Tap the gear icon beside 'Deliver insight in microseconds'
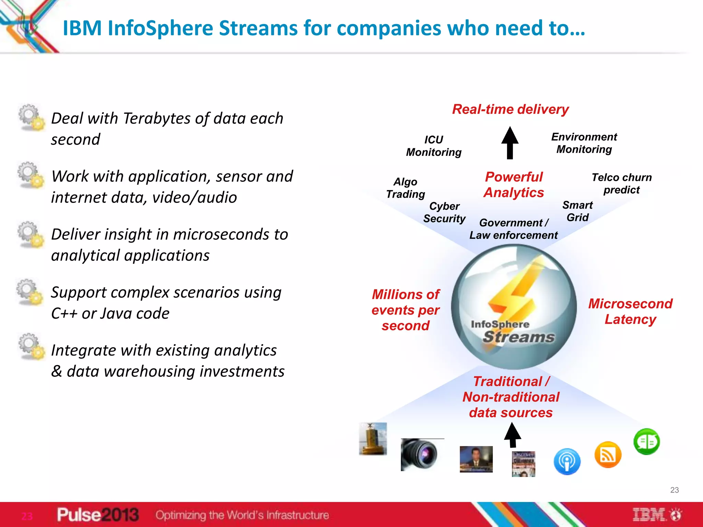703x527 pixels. tap(31, 234)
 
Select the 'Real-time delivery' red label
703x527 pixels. tap(510, 109)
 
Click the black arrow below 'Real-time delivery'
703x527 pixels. tap(510, 143)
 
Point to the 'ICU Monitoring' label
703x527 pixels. tap(434, 146)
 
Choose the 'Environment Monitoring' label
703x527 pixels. tap(584, 143)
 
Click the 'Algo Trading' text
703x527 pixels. tap(405, 188)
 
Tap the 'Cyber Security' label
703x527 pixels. tap(444, 212)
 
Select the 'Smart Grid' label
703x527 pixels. tap(577, 211)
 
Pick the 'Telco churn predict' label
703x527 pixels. tap(621, 184)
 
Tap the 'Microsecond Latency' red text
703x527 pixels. tap(630, 312)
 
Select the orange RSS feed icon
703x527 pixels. tap(608, 455)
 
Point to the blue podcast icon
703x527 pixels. tap(567, 461)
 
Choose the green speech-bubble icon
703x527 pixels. tap(646, 442)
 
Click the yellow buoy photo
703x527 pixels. tap(373, 439)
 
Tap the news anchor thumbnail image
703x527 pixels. tap(476, 459)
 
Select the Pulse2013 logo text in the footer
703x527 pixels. tap(98, 515)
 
